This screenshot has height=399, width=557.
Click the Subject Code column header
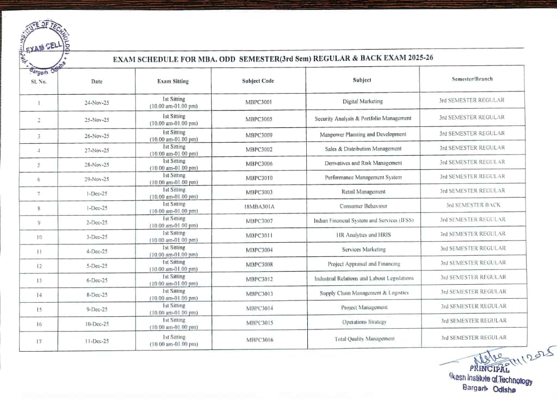click(x=258, y=81)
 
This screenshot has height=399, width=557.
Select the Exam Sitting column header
click(x=173, y=81)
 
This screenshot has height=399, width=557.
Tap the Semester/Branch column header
click(x=472, y=79)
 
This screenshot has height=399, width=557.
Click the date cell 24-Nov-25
click(x=97, y=102)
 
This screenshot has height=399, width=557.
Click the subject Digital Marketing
click(x=363, y=101)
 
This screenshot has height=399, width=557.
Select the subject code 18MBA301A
click(x=259, y=207)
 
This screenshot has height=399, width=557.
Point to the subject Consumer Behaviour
click(x=363, y=206)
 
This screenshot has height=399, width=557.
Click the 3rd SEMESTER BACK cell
click(x=473, y=205)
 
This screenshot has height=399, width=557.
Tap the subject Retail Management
click(x=363, y=192)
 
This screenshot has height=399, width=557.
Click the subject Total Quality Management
click(x=364, y=339)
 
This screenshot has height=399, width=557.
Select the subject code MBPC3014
click(x=259, y=308)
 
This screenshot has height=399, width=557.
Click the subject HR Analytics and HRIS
click(x=364, y=235)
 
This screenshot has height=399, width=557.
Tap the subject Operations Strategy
click(x=364, y=322)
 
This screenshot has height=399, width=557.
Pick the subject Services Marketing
click(x=364, y=249)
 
